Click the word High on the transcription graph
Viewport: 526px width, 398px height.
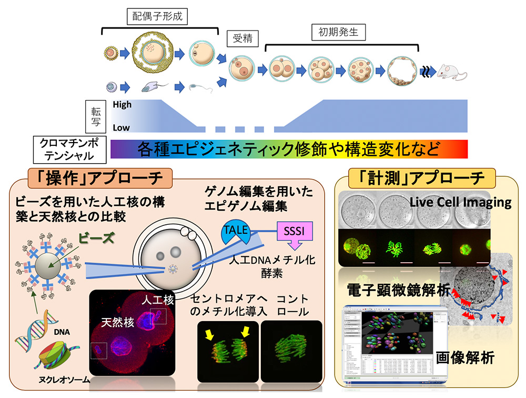(123, 104)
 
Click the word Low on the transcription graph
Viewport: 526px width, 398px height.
(122, 127)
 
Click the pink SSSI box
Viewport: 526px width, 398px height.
(292, 232)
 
